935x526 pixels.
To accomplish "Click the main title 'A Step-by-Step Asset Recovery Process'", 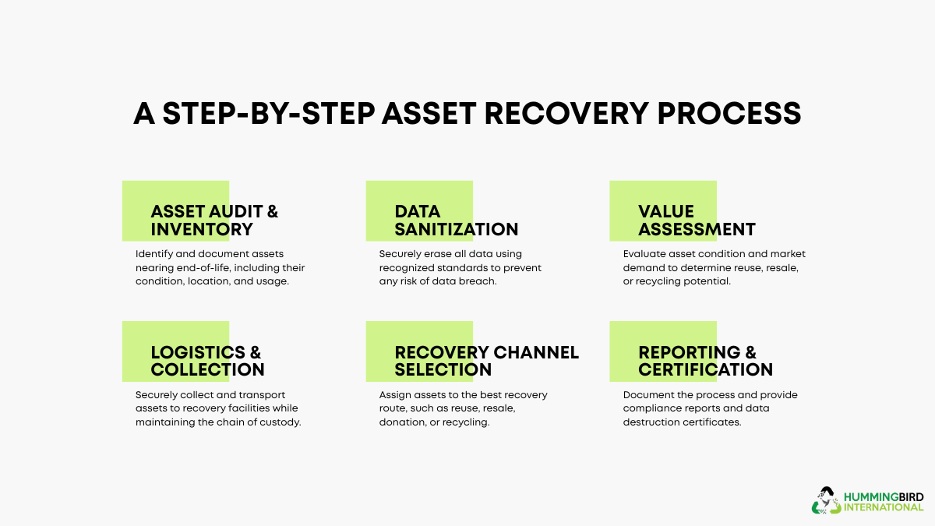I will coord(467,113).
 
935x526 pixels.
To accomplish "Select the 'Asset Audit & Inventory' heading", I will coord(214,220).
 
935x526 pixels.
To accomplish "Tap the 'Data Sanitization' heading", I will coord(456,220).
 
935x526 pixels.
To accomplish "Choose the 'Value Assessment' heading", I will coord(697,220).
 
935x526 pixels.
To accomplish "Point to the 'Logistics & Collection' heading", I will coord(207,360).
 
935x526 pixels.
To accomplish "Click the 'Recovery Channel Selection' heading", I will coord(486,360).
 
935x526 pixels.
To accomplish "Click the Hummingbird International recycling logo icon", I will coord(827,500).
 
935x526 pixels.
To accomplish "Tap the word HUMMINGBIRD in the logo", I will coord(884,496).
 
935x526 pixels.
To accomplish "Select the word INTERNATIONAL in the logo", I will coord(884,507).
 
